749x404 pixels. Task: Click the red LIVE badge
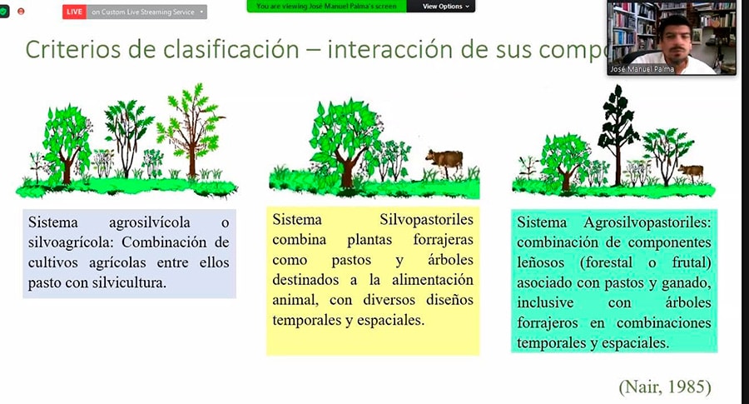coord(74,12)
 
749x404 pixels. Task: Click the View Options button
coord(445,6)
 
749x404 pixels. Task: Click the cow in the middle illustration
coord(445,162)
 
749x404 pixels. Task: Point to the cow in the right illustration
coord(692,172)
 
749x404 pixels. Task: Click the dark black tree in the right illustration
coord(618,134)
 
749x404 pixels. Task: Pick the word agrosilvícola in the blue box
coord(149,222)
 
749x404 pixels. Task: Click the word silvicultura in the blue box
coord(128,282)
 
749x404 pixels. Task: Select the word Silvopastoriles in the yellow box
coord(426,219)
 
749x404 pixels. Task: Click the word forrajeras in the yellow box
coord(443,240)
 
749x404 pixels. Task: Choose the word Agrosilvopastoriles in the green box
coord(647,222)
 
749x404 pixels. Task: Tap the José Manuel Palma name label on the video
coord(642,69)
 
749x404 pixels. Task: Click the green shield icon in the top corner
coord(3,11)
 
